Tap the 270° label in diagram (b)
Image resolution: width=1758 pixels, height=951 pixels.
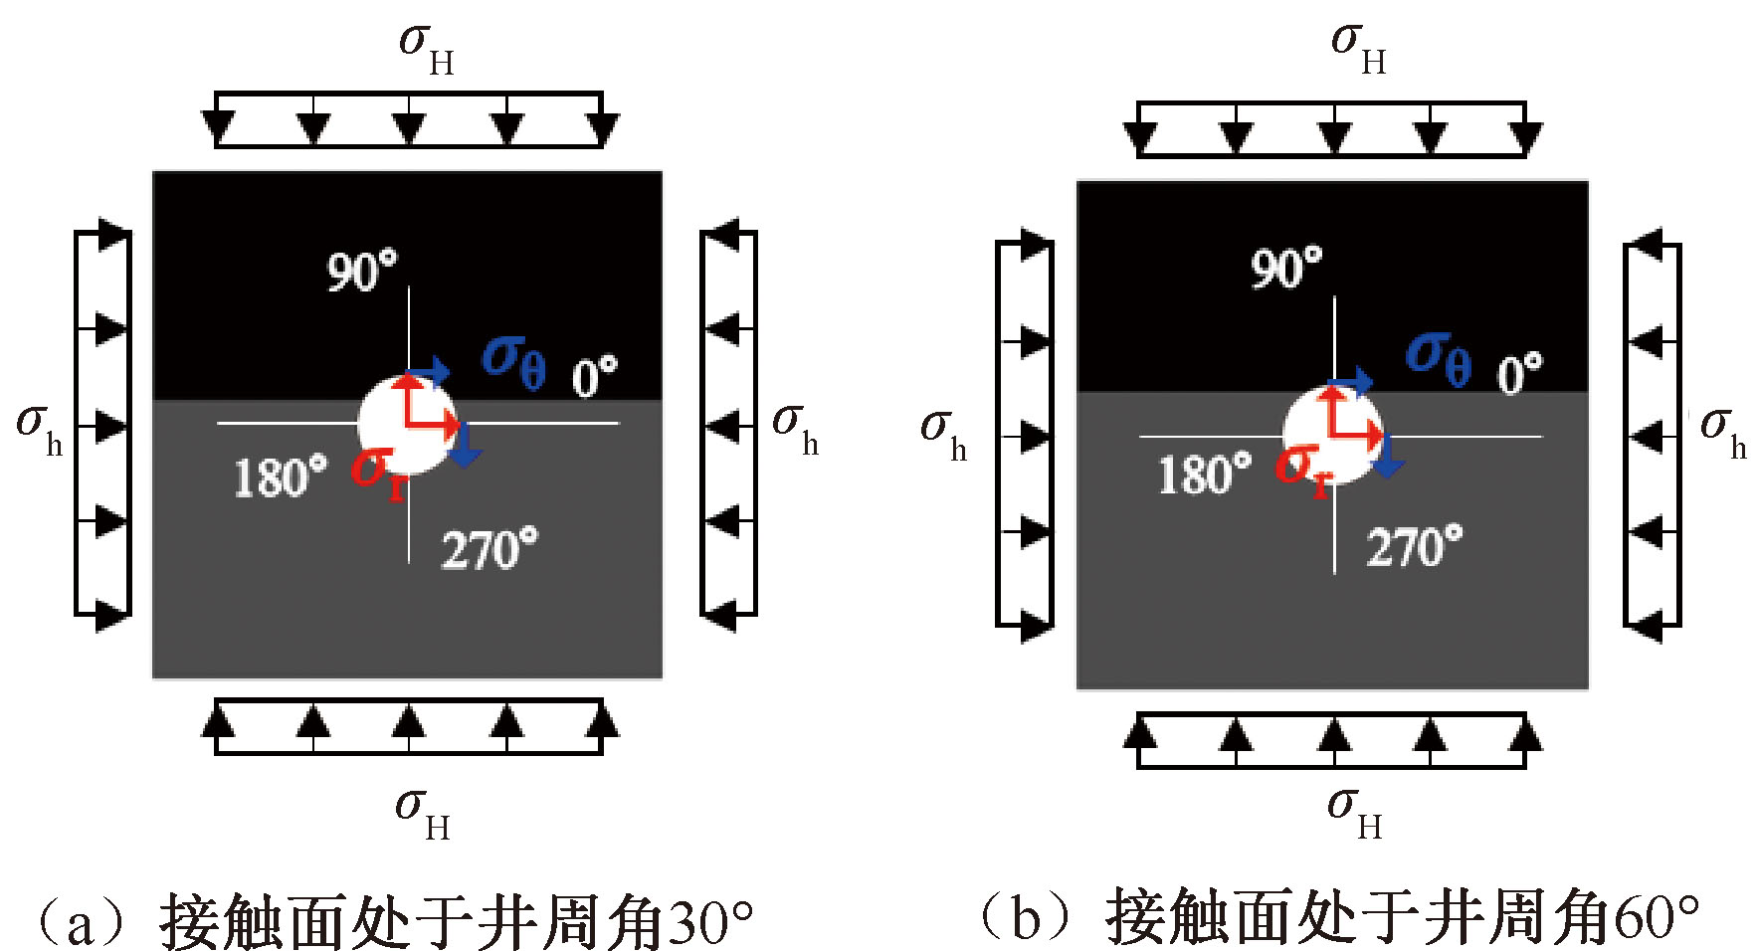1414,546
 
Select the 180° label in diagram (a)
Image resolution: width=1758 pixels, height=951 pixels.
280,476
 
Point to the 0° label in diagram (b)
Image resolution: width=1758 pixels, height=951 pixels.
1519,374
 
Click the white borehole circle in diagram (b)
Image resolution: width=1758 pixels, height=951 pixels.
1331,436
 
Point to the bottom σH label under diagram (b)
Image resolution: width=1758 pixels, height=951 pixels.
1354,811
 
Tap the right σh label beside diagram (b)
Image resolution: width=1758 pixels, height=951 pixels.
1722,431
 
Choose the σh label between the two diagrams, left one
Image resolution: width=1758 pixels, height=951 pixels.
796,428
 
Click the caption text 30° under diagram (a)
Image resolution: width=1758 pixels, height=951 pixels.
710,922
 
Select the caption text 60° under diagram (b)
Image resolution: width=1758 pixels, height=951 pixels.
1656,917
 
